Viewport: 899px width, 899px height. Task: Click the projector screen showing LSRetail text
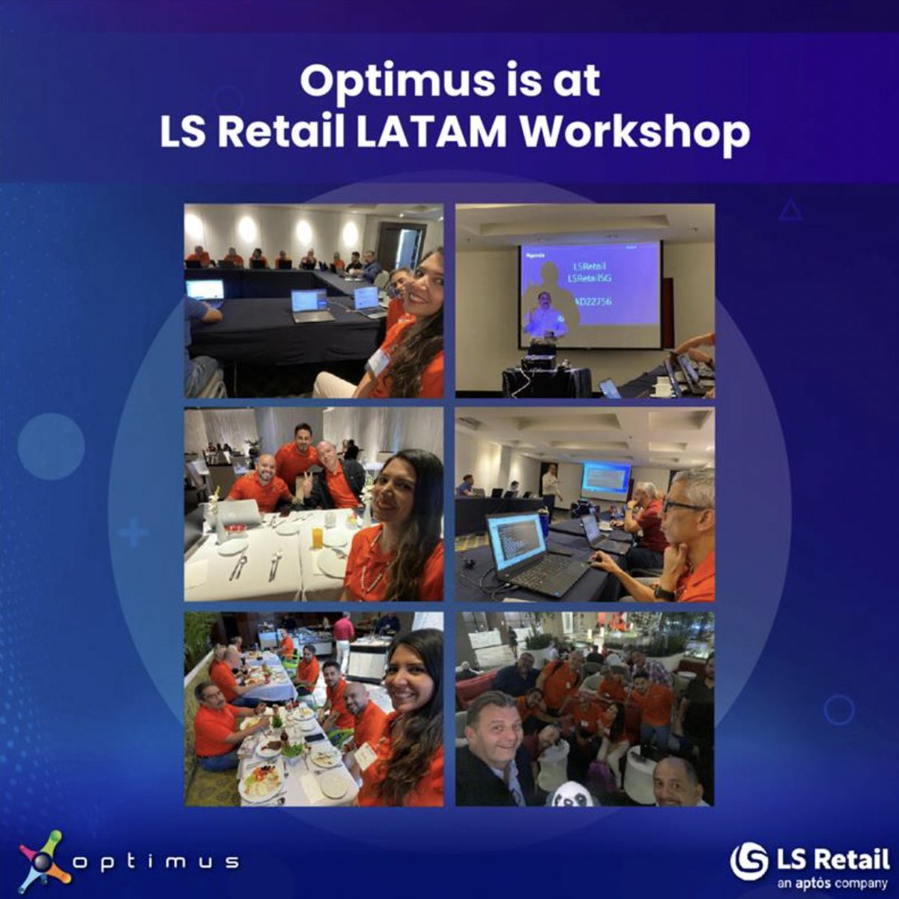click(590, 294)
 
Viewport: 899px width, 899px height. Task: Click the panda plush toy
click(573, 793)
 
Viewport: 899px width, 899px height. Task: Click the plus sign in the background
click(133, 533)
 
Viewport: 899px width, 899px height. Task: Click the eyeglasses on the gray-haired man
click(683, 506)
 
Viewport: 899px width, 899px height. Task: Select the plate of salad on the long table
click(263, 779)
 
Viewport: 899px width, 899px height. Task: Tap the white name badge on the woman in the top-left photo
click(379, 363)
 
